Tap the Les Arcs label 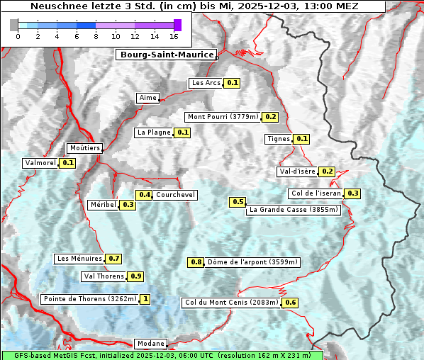[x=206, y=83]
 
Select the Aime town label [x=147, y=98]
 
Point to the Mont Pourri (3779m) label [x=223, y=117]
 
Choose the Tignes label [x=278, y=139]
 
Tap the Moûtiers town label [x=84, y=148]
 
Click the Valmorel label [x=40, y=163]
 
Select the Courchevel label [x=175, y=195]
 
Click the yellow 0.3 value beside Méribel [x=128, y=205]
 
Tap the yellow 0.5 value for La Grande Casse [x=238, y=202]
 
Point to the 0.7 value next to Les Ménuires [x=113, y=259]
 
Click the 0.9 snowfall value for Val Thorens [x=135, y=276]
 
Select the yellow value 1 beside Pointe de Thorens [x=145, y=299]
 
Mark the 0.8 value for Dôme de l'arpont [x=196, y=262]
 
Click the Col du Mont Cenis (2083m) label [x=230, y=303]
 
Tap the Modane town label [x=150, y=343]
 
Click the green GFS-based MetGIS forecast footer [x=162, y=355]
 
